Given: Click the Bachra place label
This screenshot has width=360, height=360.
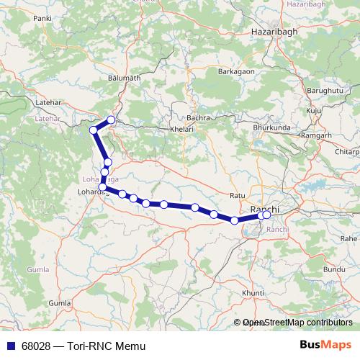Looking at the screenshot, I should (x=197, y=117).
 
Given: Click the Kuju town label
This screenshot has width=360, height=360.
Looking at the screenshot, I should (x=313, y=111).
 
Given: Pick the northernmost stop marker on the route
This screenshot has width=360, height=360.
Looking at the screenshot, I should (x=111, y=120).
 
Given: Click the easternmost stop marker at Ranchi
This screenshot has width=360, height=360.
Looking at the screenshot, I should (x=266, y=215).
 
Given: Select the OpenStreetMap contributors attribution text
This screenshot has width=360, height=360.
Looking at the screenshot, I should (x=297, y=323).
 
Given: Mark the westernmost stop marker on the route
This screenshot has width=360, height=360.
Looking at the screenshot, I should (x=93, y=130).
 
